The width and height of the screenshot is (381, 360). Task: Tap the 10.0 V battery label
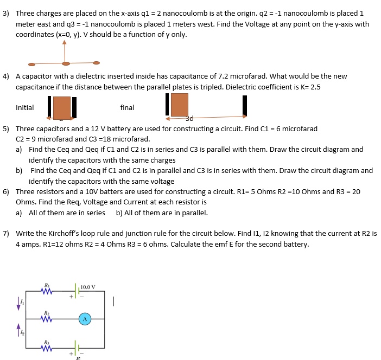[87, 287]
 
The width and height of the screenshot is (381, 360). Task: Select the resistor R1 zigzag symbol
[47, 292]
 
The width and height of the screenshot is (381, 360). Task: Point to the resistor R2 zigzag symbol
[47, 320]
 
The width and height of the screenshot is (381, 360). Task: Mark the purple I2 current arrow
[19, 330]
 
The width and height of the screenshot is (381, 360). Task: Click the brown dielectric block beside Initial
[62, 107]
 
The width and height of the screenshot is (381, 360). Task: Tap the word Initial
[25, 107]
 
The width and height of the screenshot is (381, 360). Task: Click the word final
[127, 107]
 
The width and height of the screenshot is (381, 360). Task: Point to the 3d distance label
[189, 118]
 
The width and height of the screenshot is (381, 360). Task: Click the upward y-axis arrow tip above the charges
[65, 42]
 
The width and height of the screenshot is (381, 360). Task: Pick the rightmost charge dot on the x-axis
[96, 62]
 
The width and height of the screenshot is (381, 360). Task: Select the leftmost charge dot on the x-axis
[32, 64]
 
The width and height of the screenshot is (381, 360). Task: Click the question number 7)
[6, 234]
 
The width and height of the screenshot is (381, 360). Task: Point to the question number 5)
[6, 129]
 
